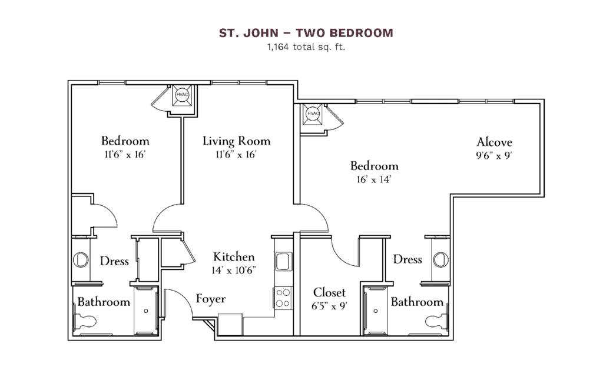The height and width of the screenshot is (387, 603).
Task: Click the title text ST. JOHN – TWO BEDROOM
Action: (306, 33)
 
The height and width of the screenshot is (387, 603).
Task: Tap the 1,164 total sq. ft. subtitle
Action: (306, 48)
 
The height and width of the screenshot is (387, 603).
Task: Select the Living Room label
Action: (236, 141)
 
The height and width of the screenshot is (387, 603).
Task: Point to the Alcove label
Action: (494, 142)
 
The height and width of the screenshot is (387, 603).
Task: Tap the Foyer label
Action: (210, 299)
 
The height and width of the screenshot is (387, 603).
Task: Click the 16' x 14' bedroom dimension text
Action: (374, 179)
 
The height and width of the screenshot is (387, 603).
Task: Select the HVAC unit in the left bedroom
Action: (181, 95)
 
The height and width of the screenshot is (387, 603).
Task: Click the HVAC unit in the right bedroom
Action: (313, 114)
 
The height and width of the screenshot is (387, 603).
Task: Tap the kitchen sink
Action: (283, 260)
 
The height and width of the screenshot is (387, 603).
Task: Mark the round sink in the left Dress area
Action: (80, 259)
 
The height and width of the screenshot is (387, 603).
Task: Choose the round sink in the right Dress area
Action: (440, 259)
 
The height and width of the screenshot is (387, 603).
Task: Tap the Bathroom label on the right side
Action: (417, 302)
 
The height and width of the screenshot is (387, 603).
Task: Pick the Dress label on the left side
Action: (114, 261)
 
